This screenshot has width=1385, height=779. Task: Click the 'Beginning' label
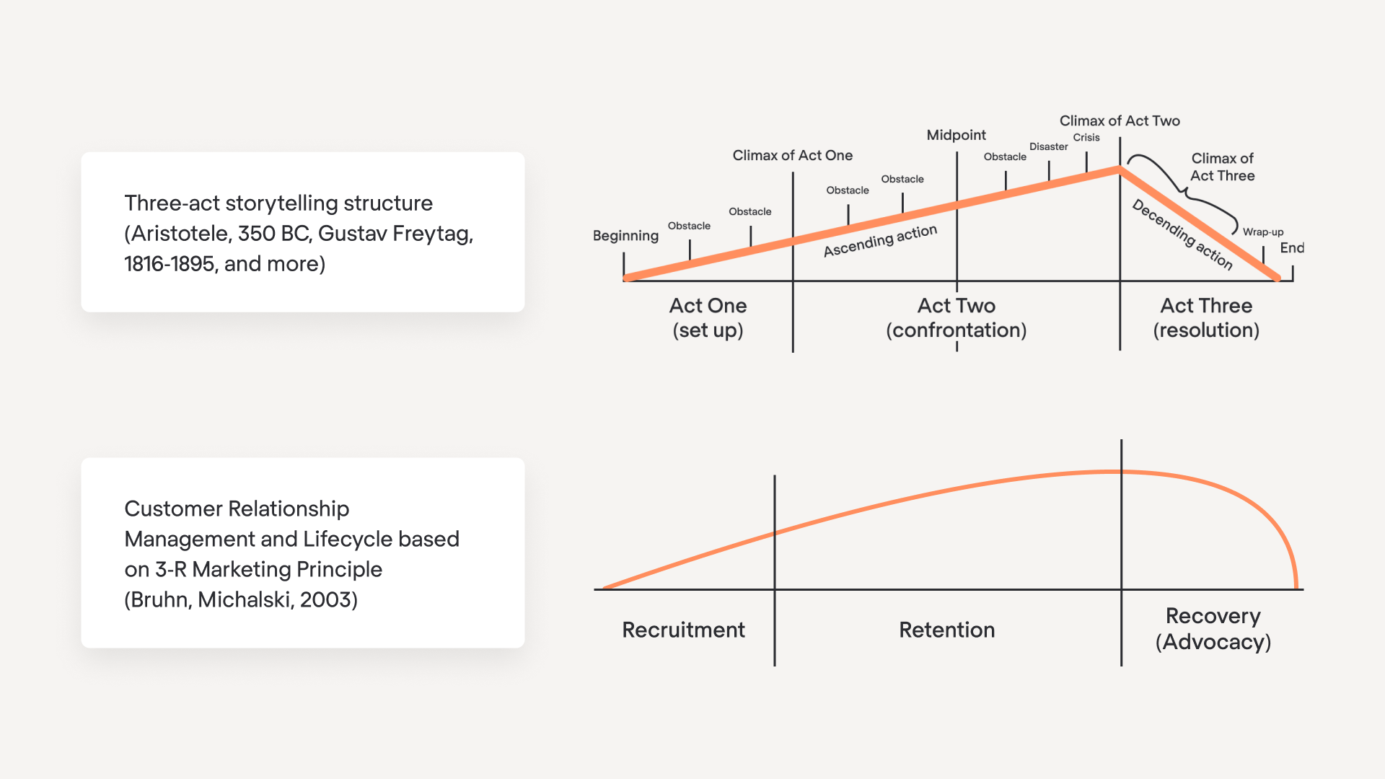[625, 236]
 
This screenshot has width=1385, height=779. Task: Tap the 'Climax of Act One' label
[792, 156]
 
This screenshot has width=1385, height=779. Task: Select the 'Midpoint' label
[956, 136]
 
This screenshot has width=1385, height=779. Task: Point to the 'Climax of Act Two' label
[1119, 121]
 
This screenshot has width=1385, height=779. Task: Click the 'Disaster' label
[1048, 147]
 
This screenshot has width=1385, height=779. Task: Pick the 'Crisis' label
[1086, 138]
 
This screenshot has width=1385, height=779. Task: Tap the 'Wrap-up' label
[1262, 232]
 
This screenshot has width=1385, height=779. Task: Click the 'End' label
[1291, 248]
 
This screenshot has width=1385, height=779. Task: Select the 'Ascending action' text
[880, 241]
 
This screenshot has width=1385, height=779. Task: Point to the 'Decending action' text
[1182, 234]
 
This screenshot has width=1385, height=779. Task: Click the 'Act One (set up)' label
[708, 317]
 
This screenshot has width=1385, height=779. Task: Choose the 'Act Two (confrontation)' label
[956, 317]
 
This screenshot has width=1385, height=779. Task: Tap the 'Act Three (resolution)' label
[1206, 317]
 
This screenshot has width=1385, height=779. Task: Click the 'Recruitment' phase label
[683, 630]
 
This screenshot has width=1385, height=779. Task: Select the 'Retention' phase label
[946, 630]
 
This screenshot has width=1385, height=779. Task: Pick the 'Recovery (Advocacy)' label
[1213, 629]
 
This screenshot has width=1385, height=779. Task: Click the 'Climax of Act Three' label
[1222, 167]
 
